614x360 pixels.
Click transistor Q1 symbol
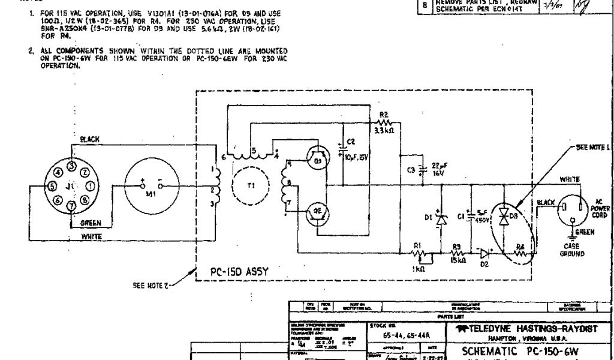coord(317,160)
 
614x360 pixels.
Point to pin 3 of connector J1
coord(71,165)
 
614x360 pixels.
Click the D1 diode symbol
coord(441,220)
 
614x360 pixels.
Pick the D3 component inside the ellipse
coord(504,217)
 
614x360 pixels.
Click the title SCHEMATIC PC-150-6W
coord(519,350)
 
